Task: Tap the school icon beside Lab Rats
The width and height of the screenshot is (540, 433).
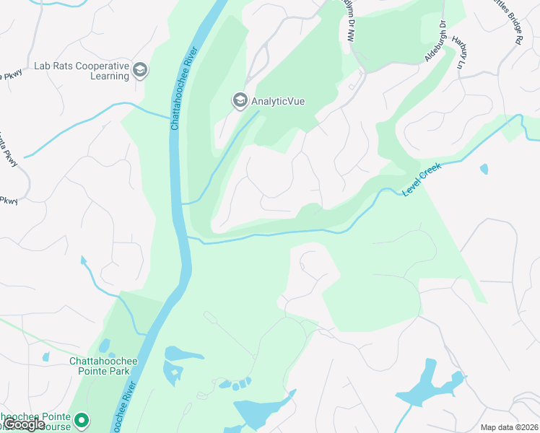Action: [140, 71]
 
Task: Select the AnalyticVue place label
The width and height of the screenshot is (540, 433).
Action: [277, 101]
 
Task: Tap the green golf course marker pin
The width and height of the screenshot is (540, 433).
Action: [82, 419]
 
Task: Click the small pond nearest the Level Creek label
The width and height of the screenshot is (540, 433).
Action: [484, 170]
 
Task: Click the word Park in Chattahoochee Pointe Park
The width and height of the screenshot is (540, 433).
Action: [119, 371]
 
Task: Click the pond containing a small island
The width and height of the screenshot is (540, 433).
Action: [175, 372]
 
